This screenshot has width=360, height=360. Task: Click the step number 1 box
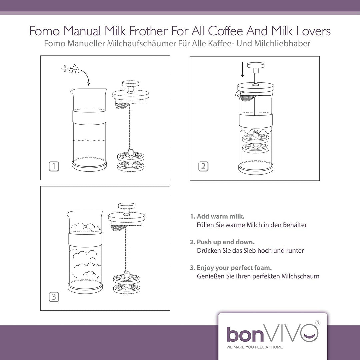coord(54,166)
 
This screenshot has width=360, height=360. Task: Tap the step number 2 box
coord(203,166)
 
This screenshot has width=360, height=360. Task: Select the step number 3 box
coord(54,297)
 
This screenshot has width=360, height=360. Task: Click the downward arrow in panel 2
coord(242,70)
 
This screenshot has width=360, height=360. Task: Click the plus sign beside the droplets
coord(65,68)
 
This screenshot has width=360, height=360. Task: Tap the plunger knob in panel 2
coord(256,65)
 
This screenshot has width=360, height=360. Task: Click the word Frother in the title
coord(148,31)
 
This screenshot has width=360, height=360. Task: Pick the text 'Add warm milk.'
coord(221,216)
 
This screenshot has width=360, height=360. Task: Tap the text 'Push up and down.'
coord(226,242)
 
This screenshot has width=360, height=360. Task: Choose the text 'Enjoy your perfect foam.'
coord(234,268)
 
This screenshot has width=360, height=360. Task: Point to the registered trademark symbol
coord(318,323)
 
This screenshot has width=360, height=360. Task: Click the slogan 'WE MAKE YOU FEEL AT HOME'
coord(255,347)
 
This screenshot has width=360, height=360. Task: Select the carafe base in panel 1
coord(89,164)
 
